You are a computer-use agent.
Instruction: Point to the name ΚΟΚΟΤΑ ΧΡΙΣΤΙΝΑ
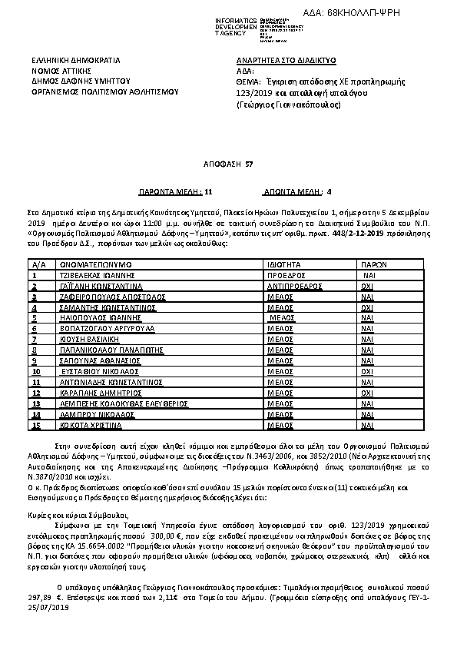pyautogui.click(x=90, y=424)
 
